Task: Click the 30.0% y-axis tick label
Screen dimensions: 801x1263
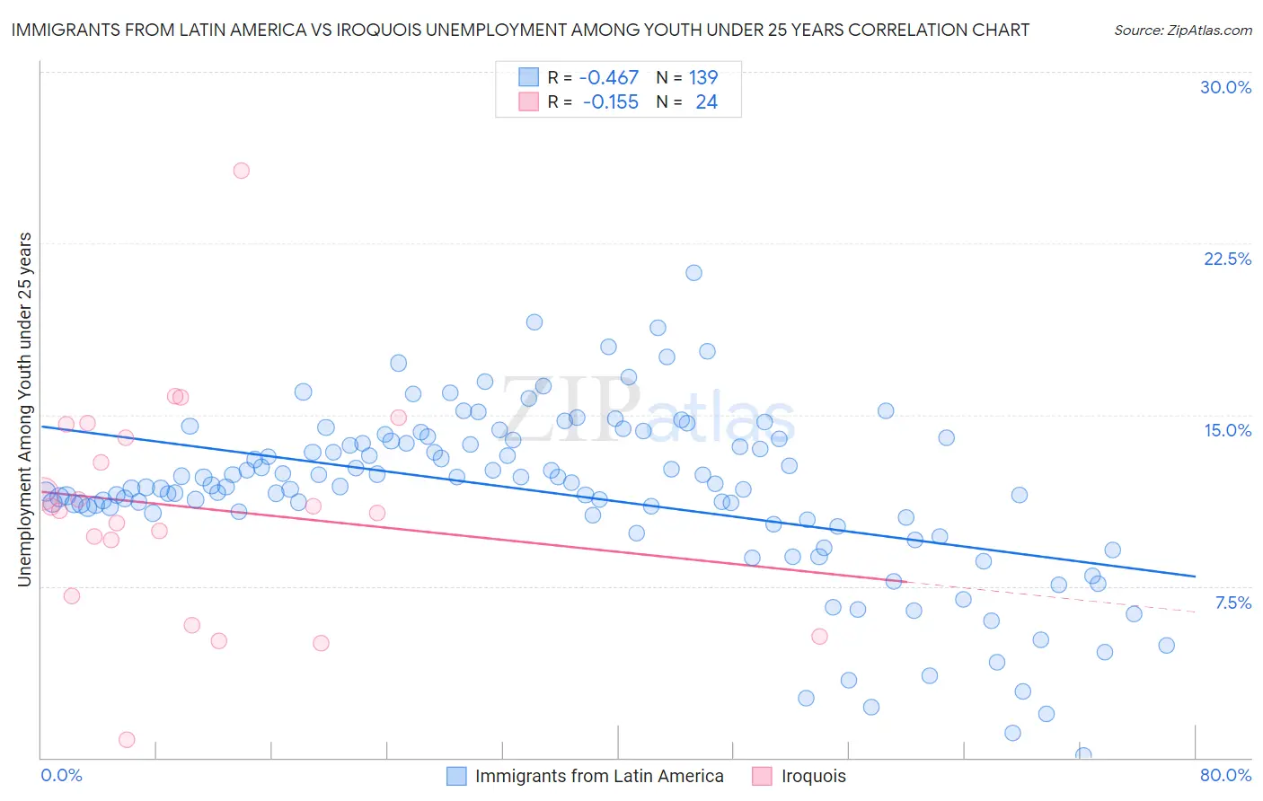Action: click(x=1225, y=87)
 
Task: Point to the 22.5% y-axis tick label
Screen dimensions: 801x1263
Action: click(x=1227, y=259)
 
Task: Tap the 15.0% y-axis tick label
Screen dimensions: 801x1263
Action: click(x=1227, y=430)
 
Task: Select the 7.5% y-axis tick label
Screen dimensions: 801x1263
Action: click(x=1232, y=603)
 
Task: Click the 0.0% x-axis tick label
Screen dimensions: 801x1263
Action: click(x=61, y=775)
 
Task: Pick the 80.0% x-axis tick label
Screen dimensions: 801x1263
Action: click(x=1225, y=775)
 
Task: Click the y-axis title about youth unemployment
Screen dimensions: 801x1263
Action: click(x=24, y=409)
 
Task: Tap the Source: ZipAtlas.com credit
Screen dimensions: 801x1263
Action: click(x=1182, y=30)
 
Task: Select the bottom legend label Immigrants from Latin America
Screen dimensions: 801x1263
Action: click(x=598, y=776)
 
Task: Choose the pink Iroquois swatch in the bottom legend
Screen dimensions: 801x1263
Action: click(x=762, y=776)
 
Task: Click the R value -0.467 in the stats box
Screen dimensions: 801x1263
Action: click(x=608, y=78)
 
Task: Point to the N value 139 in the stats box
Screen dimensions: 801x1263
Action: click(x=702, y=78)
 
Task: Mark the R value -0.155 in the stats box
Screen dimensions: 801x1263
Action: click(x=610, y=102)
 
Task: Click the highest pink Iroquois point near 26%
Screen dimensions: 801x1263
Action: click(x=241, y=171)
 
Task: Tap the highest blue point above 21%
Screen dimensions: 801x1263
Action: click(x=693, y=273)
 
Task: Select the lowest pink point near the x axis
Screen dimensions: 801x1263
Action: click(x=127, y=740)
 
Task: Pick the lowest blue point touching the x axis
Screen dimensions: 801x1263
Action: click(x=1083, y=755)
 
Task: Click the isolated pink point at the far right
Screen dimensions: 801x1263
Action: click(x=819, y=637)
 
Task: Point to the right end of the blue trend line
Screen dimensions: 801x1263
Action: click(x=1195, y=576)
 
